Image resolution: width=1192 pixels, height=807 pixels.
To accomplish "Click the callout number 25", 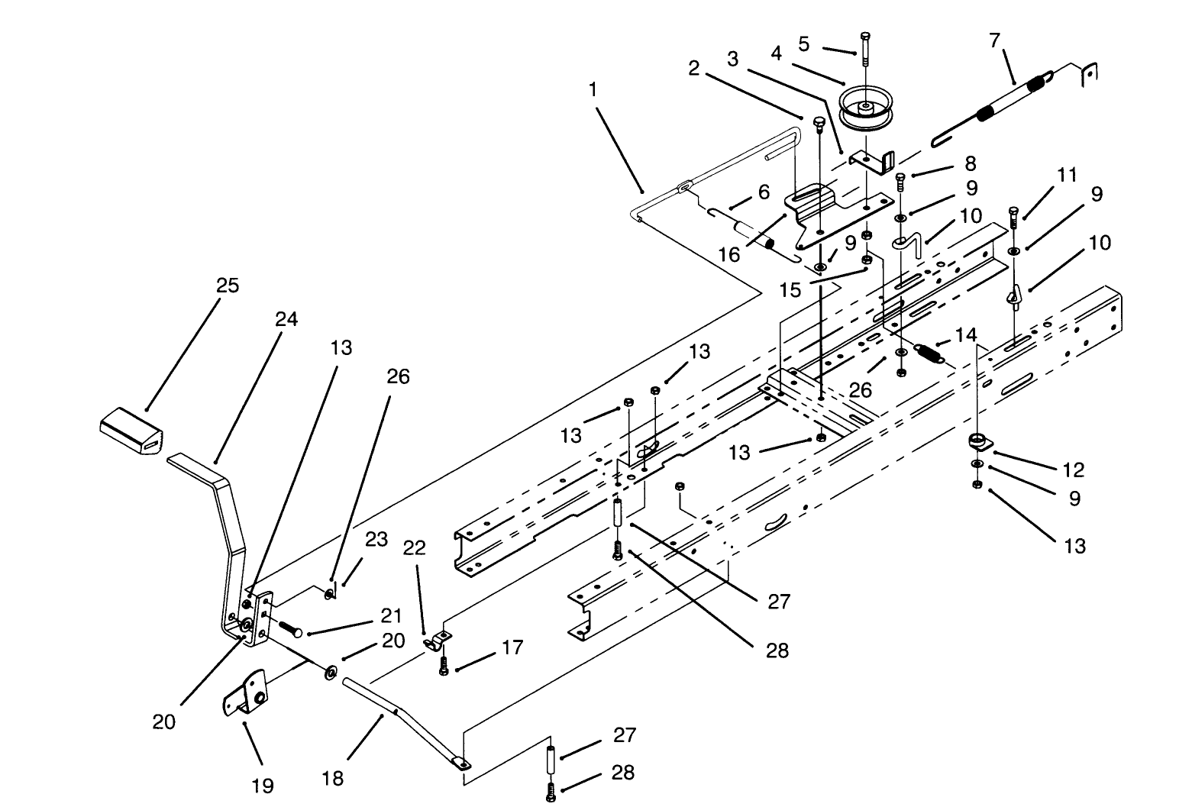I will click(228, 286).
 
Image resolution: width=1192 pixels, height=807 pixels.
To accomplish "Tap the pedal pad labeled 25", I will click(131, 430).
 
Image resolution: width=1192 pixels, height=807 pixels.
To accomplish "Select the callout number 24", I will click(286, 319).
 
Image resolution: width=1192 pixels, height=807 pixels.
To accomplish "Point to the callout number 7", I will click(994, 40).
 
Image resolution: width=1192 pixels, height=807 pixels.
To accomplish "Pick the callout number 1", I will click(593, 89).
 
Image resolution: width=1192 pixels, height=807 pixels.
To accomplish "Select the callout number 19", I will click(263, 786).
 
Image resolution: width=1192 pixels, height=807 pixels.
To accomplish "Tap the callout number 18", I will click(333, 778).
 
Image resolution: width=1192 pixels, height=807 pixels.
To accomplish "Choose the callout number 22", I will click(415, 548).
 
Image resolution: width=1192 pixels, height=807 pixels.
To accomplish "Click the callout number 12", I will click(1074, 469).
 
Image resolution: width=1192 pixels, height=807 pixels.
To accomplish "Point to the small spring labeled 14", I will click(929, 353).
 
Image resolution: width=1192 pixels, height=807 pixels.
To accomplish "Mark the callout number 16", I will click(729, 254).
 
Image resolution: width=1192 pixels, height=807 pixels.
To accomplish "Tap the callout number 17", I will click(512, 648).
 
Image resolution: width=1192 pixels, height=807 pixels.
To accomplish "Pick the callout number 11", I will click(1066, 176).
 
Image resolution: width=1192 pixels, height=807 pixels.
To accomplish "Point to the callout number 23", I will click(376, 540).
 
